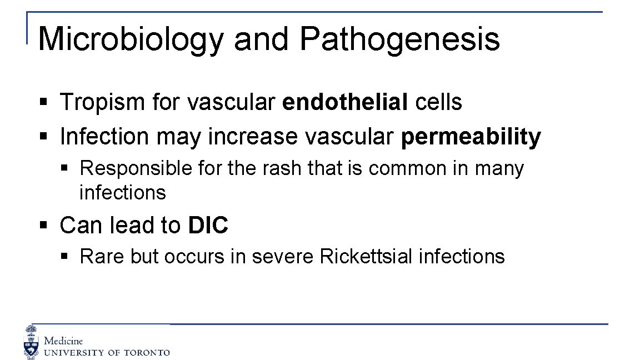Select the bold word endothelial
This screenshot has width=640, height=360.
click(344, 102)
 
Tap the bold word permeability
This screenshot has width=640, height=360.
click(470, 137)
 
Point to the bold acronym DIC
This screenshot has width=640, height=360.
click(208, 226)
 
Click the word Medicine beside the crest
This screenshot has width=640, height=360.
click(63, 341)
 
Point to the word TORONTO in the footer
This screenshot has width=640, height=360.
click(146, 353)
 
